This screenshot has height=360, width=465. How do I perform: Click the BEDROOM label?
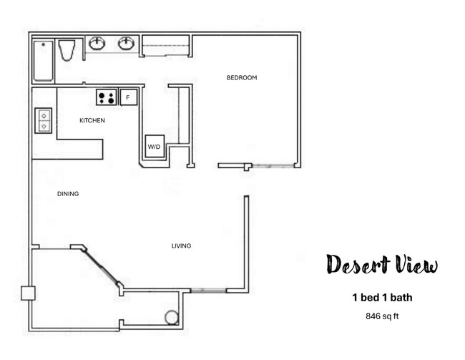point(241,77)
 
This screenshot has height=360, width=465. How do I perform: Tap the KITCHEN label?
point(92,120)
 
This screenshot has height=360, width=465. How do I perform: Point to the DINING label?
point(67,194)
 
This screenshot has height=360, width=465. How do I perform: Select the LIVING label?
point(181,246)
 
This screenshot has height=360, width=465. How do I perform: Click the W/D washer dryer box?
point(155,146)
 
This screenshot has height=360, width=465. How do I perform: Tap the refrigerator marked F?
point(128,97)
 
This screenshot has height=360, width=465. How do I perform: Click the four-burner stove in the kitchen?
point(107,97)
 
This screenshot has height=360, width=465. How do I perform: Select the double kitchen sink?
point(44,120)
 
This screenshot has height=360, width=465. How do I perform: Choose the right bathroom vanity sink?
point(127,44)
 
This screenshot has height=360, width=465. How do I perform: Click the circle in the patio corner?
point(172,317)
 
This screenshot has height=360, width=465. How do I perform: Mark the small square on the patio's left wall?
point(28,293)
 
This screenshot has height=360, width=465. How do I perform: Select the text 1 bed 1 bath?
point(381,297)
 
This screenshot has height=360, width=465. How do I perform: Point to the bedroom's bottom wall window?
point(274,167)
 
